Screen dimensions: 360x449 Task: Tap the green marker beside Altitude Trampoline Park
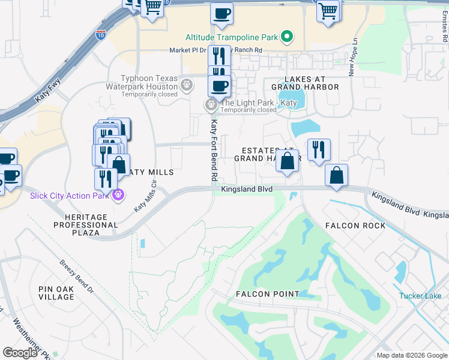(287, 37)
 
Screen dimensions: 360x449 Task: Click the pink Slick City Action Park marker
(119, 195)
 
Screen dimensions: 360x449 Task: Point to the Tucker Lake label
(420, 296)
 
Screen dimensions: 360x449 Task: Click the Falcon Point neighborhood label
(267, 294)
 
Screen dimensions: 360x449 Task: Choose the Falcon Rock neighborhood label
(355, 226)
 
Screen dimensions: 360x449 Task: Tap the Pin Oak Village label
(56, 293)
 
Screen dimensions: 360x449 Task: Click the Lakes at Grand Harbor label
(306, 83)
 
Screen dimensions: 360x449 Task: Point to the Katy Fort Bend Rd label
(212, 150)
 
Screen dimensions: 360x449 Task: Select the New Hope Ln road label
(354, 58)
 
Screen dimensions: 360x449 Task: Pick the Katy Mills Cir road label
(148, 194)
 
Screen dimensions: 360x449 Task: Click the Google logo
(20, 352)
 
